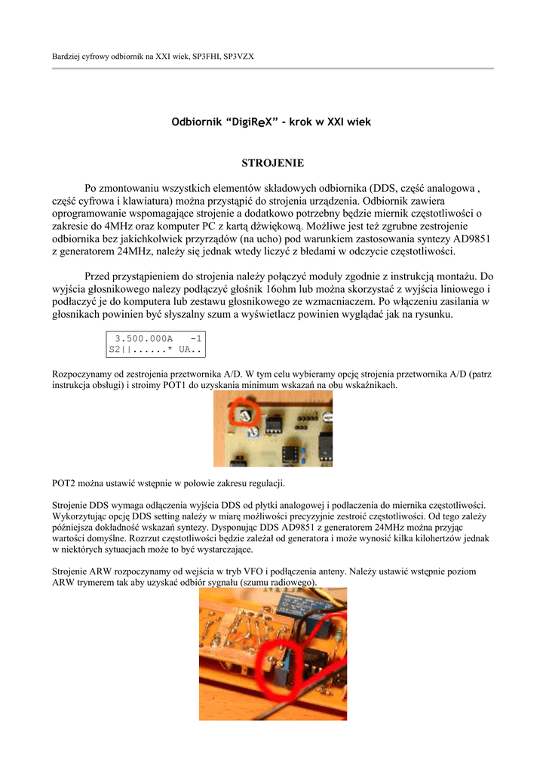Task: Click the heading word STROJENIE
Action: pyautogui.click(x=272, y=163)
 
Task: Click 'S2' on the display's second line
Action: pyautogui.click(x=115, y=350)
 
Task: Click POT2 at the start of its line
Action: pyautogui.click(x=65, y=482)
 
